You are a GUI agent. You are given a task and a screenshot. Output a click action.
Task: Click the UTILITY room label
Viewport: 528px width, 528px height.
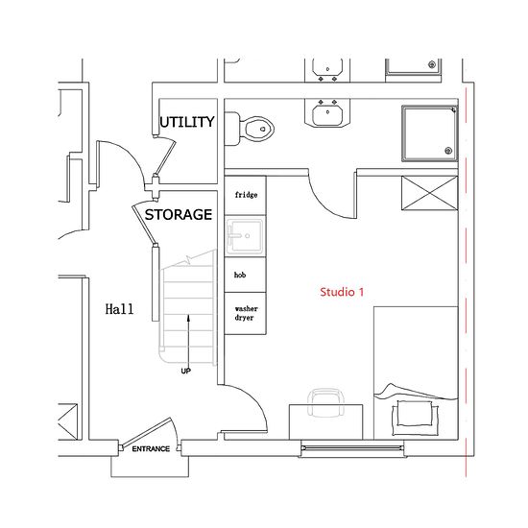click(x=187, y=122)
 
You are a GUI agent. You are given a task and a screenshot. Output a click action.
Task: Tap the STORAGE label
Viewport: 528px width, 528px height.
click(x=179, y=214)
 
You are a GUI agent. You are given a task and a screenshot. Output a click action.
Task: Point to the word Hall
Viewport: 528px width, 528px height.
click(x=119, y=309)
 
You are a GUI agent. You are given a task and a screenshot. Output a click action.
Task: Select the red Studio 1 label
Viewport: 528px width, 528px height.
click(x=342, y=292)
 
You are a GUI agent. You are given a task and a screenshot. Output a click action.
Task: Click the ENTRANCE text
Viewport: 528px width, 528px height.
click(x=151, y=449)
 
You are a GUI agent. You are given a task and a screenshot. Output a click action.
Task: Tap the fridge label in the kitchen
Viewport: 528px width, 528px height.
click(x=246, y=195)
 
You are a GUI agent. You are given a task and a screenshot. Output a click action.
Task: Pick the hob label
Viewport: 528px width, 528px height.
click(x=240, y=275)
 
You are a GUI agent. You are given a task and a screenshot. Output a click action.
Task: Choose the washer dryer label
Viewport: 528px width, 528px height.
click(x=246, y=313)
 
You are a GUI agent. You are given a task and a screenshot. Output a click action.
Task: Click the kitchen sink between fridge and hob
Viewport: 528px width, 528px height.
click(x=245, y=236)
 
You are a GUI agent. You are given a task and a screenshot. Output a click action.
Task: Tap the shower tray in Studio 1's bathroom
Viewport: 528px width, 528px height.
click(x=430, y=133)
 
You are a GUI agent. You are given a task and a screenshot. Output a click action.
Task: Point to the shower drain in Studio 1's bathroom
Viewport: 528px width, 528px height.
click(x=448, y=151)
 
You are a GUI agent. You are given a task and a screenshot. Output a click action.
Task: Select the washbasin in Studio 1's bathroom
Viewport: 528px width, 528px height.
click(x=327, y=113)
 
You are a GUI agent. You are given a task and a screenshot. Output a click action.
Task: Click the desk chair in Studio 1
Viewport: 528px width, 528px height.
click(x=325, y=403)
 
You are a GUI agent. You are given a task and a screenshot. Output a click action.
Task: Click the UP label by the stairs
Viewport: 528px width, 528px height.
click(x=186, y=372)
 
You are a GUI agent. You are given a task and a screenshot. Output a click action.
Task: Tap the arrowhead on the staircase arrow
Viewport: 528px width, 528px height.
click(x=188, y=318)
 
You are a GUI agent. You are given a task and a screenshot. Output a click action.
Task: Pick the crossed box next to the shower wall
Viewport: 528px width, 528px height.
click(x=430, y=193)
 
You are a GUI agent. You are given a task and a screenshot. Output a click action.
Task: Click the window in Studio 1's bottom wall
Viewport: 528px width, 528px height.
click(x=352, y=448)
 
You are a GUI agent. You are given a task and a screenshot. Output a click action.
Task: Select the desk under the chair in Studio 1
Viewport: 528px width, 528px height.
click(x=326, y=422)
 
